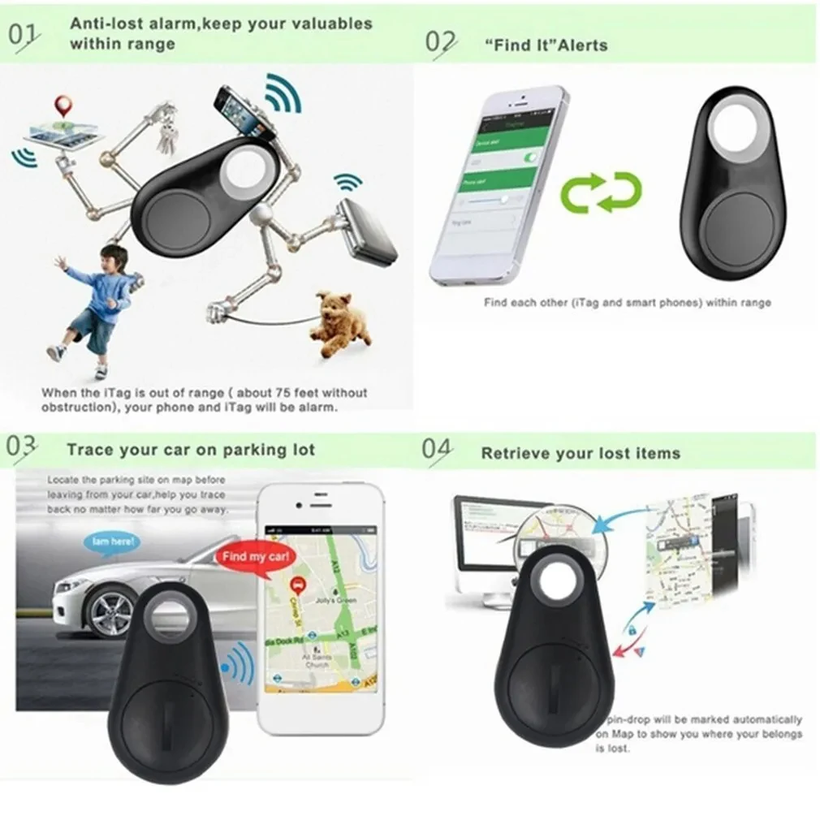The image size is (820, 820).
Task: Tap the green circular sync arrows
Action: click(x=602, y=192)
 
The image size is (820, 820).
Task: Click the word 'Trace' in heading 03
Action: click(x=91, y=450)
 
